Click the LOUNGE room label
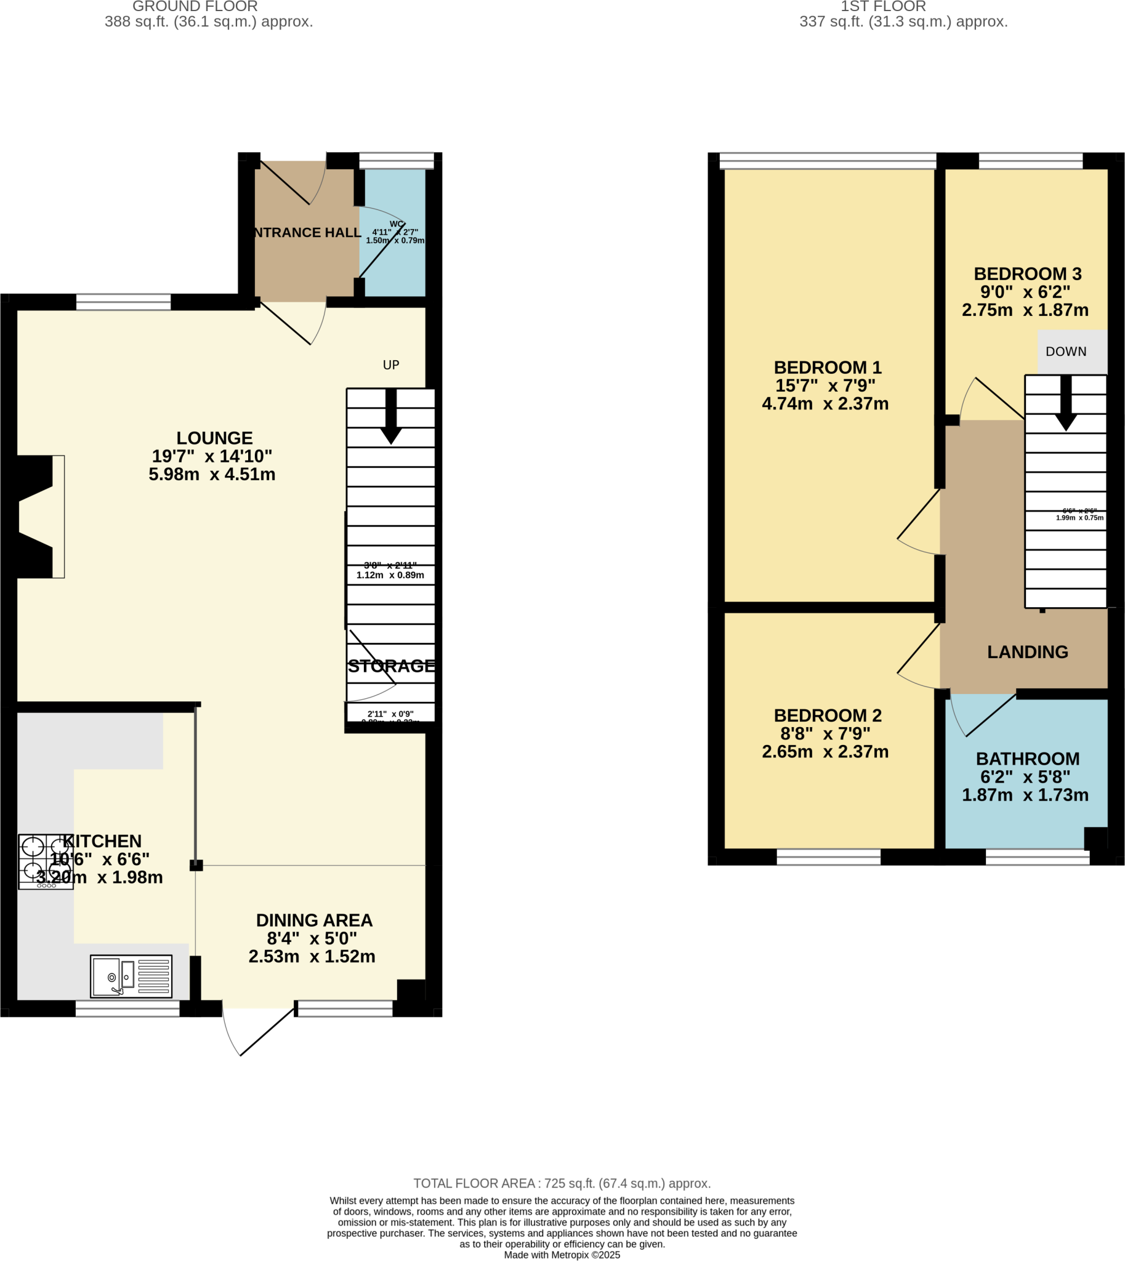click(x=214, y=438)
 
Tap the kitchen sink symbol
click(x=131, y=976)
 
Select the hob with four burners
click(x=46, y=861)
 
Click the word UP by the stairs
click(x=390, y=365)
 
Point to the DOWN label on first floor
click(x=1066, y=352)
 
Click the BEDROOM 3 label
click(x=1027, y=274)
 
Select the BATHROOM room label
click(x=1027, y=759)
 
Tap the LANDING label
click(x=1027, y=652)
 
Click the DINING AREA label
click(x=314, y=921)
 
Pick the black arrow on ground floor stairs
click(x=390, y=417)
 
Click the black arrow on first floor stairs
click(x=1066, y=404)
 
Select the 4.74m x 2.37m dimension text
click(x=825, y=404)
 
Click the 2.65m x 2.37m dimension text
click(x=825, y=752)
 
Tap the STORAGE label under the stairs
click(x=391, y=666)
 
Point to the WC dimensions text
click(x=395, y=236)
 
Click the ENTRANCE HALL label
click(x=307, y=232)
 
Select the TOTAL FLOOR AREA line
click(x=562, y=1183)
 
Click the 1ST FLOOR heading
click(x=882, y=7)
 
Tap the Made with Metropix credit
click(x=562, y=1255)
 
